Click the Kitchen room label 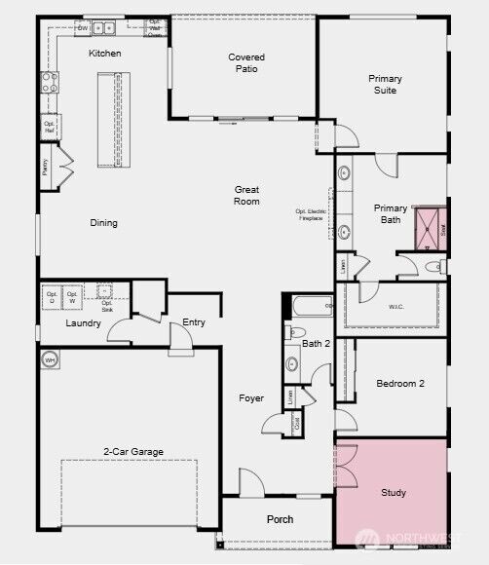pyautogui.click(x=105, y=54)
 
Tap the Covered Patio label pyautogui.click(x=246, y=63)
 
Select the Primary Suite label pyautogui.click(x=385, y=84)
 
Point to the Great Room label pyautogui.click(x=246, y=195)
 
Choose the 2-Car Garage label pyautogui.click(x=133, y=451)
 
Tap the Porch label pyautogui.click(x=280, y=519)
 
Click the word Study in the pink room pyautogui.click(x=394, y=493)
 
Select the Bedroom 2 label pyautogui.click(x=400, y=384)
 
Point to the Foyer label pyautogui.click(x=251, y=398)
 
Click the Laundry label pyautogui.click(x=84, y=322)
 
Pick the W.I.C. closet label pyautogui.click(x=397, y=308)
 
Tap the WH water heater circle pyautogui.click(x=50, y=359)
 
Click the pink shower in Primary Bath pyautogui.click(x=428, y=229)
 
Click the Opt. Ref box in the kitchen pyautogui.click(x=49, y=127)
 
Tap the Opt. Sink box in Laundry pyautogui.click(x=105, y=294)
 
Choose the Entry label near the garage pyautogui.click(x=194, y=322)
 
